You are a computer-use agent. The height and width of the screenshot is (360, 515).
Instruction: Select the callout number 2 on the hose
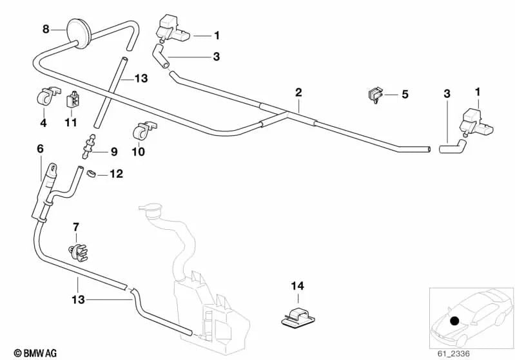[x=298, y=92]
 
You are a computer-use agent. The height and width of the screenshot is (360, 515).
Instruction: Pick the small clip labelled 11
[x=74, y=100]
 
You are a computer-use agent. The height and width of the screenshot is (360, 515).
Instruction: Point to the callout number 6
[x=40, y=148]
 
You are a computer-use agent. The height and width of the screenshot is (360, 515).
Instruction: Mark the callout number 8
[x=46, y=28]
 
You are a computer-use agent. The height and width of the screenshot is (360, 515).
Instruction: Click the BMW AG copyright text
[x=31, y=353]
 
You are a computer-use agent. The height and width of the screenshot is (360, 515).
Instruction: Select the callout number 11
[x=71, y=122]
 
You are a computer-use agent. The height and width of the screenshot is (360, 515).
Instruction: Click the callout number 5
[x=405, y=95]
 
